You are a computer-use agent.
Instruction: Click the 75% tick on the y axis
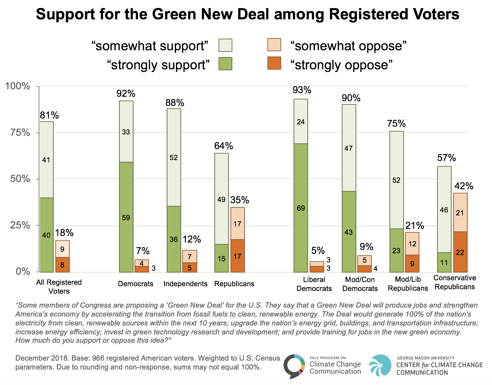[20, 133]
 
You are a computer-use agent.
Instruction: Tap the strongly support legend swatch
[225, 64]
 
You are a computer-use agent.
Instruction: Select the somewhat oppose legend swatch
[274, 45]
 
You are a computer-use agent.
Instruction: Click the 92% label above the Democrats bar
[126, 94]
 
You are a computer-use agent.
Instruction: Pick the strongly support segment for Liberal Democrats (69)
[301, 208]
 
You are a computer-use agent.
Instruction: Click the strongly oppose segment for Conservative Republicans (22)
[460, 252]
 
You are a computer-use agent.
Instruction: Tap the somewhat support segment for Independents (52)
[174, 157]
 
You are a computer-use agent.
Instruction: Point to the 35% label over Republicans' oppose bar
[239, 200]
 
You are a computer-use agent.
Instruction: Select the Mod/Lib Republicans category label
[408, 284]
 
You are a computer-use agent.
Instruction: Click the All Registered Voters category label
[59, 287]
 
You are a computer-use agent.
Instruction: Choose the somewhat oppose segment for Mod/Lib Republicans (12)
[412, 244]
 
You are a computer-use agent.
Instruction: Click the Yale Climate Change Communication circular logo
[294, 366]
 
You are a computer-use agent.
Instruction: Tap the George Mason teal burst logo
[380, 365]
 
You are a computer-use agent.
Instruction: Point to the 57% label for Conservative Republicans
[446, 158]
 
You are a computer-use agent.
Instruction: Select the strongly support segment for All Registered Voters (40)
[46, 235]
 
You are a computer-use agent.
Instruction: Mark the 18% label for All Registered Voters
[64, 233]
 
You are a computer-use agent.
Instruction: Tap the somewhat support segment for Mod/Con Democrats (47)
[348, 148]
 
